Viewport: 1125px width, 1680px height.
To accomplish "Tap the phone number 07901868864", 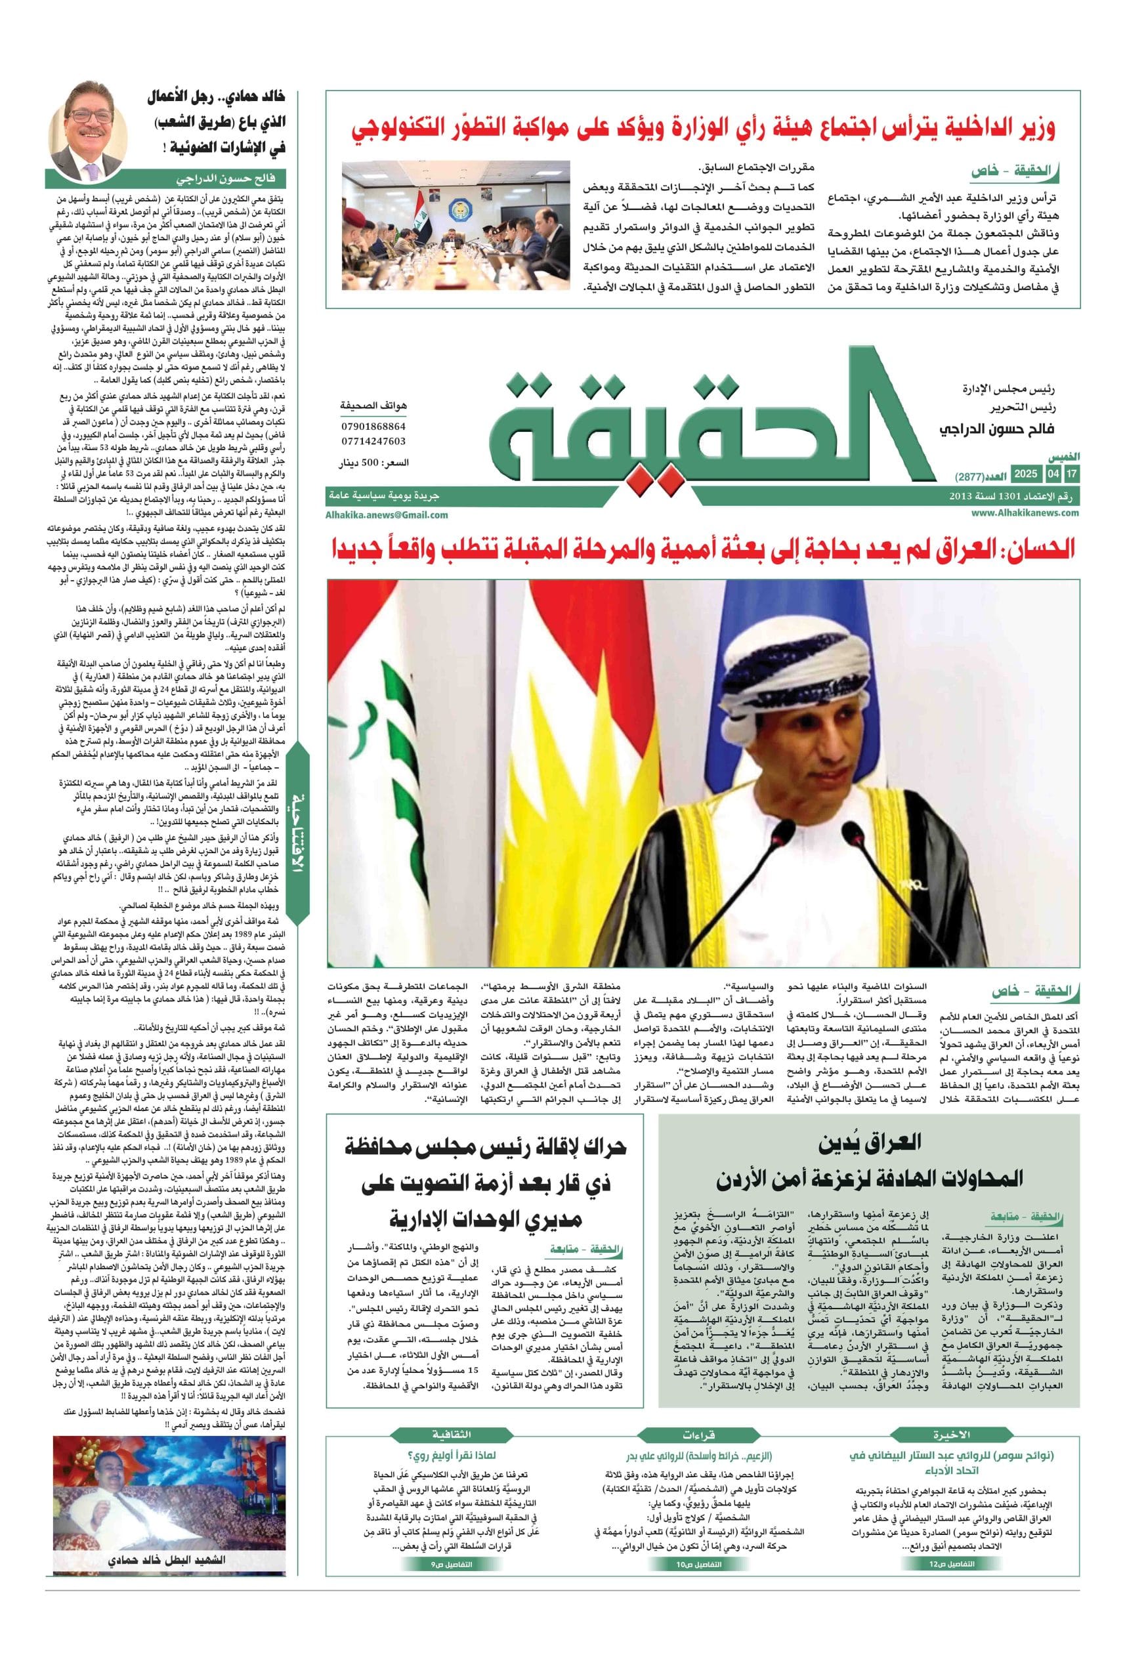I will click(x=373, y=426).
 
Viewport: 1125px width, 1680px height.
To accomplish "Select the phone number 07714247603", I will click(x=373, y=441).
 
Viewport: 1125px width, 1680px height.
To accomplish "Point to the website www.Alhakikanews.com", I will click(x=1025, y=513).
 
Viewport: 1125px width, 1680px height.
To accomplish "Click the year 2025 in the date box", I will click(x=1025, y=474).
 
